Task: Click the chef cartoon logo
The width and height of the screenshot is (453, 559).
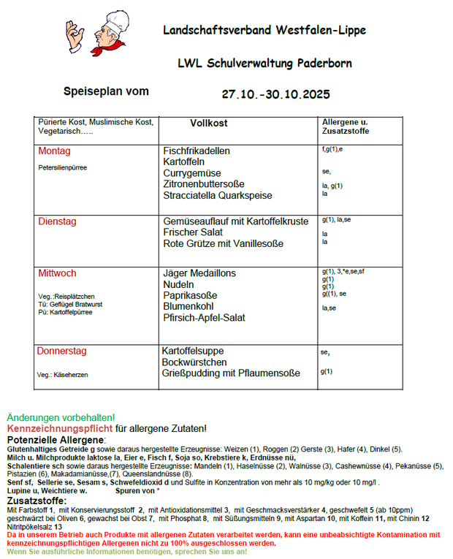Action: click(93, 32)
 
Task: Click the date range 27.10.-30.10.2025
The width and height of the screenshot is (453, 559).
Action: click(276, 94)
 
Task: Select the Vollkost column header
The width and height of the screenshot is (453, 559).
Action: click(209, 123)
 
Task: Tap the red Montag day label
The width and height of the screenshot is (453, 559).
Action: click(54, 151)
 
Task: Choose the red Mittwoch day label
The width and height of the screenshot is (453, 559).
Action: click(57, 273)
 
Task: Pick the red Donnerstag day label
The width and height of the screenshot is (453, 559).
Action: click(61, 351)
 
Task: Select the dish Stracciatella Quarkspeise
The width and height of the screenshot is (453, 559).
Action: click(218, 196)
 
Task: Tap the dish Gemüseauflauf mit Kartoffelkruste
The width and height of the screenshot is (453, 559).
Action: click(236, 221)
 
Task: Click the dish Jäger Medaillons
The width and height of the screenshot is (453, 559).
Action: click(199, 273)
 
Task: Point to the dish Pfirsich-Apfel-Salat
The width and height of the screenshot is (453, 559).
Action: click(205, 318)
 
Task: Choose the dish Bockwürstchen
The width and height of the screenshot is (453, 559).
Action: click(194, 362)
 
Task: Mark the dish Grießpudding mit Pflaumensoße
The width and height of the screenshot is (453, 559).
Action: click(231, 373)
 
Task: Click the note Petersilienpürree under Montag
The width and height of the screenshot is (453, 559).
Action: click(62, 168)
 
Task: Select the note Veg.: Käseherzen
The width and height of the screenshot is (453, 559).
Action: click(64, 375)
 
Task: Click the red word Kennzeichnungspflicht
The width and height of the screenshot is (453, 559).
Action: click(59, 428)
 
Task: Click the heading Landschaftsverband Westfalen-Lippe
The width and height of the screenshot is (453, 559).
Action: click(264, 31)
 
